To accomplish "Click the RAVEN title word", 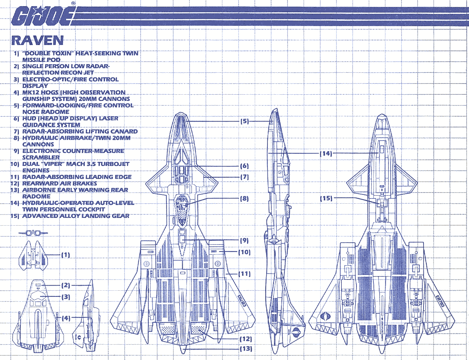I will pos(38,40).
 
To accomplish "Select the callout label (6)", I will pos(245,166).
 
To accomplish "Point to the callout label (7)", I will pos(245,177).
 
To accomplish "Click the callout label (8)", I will pos(245,199).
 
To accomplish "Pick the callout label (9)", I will pos(244,240).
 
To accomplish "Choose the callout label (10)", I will pos(245,252).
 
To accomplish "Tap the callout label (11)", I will pos(245,274).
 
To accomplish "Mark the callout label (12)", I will pos(245,339).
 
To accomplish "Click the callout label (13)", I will pos(245,349).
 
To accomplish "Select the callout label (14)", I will pos(326,153).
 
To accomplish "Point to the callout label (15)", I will pos(326,199).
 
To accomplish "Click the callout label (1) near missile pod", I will pos(65,255).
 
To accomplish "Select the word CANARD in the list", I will pos(124,132).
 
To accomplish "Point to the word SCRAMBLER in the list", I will pos(41,157).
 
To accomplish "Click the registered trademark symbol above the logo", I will pos(74,3).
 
